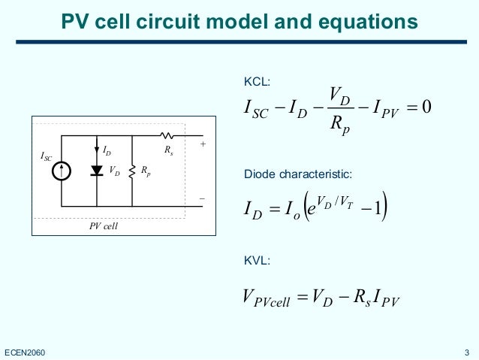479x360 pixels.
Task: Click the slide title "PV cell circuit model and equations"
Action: click(239, 23)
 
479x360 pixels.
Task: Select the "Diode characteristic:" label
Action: click(298, 175)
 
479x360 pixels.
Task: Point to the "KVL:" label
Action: click(257, 261)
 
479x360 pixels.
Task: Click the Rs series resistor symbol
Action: click(166, 136)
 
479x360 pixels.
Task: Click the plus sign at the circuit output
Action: click(201, 141)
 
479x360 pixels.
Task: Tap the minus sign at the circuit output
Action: click(201, 198)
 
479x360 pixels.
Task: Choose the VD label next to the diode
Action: click(114, 171)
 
